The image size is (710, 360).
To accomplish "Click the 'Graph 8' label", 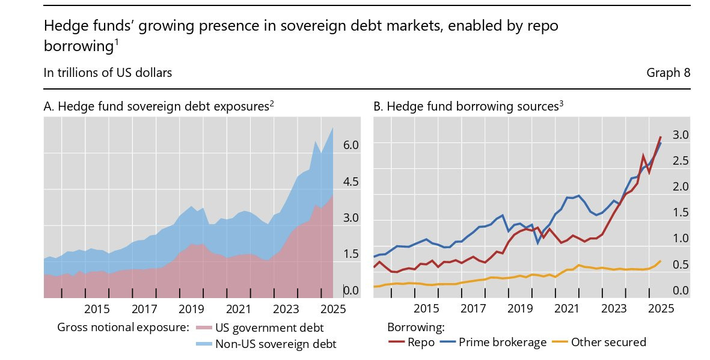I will [668, 73].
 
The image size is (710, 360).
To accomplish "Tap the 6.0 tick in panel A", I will [350, 145].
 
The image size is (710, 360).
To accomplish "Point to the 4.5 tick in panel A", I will [350, 182].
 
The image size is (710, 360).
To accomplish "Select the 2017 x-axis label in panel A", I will [144, 309].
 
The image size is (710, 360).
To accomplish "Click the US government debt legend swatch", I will [204, 328].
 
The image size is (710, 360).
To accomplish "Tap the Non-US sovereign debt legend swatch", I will [204, 344].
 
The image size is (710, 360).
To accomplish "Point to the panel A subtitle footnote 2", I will [272, 103].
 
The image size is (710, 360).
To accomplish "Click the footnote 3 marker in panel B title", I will [561, 103].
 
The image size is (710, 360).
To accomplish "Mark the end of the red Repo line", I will [660, 137].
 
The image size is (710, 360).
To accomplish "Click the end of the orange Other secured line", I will [660, 261].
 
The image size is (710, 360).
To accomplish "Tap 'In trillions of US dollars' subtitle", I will [108, 73].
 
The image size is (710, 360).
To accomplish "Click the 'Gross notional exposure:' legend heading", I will [123, 328].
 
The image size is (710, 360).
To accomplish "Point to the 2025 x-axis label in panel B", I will [660, 309].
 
